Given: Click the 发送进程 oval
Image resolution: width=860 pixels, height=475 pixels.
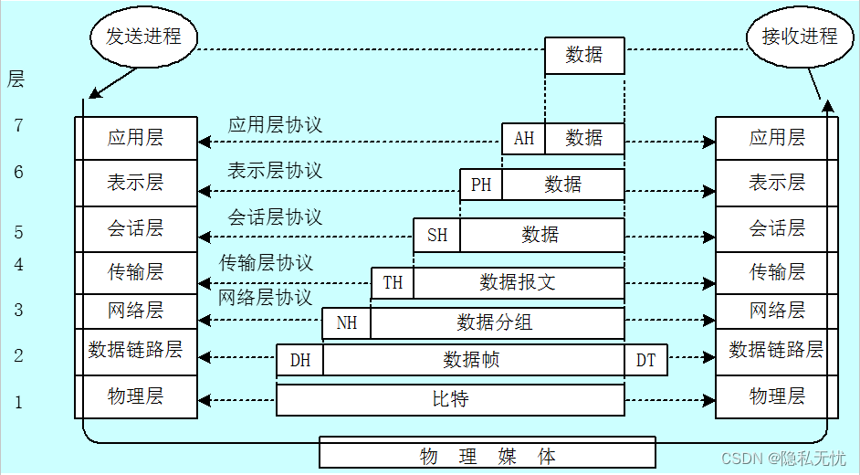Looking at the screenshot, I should coord(143,37).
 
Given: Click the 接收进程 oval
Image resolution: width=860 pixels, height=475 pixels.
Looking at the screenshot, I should coord(799,37).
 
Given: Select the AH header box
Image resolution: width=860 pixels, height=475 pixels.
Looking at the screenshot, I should coord(523,139).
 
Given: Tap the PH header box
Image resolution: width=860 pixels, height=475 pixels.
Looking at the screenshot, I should coord(481,185).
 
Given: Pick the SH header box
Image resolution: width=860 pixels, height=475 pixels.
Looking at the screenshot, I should coord(437,235).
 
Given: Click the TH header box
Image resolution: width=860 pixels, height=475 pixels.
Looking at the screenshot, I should coord(393,282).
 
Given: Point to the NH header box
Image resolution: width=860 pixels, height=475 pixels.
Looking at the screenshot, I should coord(347,322).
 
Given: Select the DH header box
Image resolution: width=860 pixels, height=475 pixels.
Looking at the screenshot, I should coord(300,360).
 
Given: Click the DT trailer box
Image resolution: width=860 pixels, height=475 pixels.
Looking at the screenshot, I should coord(645,360).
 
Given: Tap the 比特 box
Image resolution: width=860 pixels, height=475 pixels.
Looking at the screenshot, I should coord(450,399).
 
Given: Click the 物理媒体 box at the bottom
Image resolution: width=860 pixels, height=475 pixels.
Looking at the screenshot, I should coord(488,455).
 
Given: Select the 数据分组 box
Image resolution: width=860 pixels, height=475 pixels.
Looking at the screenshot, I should coord(496,322).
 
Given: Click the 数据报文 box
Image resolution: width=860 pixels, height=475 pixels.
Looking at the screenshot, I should coord(518,282).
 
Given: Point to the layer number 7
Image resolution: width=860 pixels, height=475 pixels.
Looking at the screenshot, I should coord(18,126).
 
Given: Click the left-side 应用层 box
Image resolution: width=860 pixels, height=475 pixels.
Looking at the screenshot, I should coord(136,138).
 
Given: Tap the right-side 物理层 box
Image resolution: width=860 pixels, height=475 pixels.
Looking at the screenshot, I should coord(777,396).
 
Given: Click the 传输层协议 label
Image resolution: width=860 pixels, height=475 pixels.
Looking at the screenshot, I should coord(266,263).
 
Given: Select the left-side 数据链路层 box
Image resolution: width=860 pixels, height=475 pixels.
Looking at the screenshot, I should coord(136,350).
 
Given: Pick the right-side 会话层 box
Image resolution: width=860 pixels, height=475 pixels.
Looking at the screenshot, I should coord(777,228).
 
